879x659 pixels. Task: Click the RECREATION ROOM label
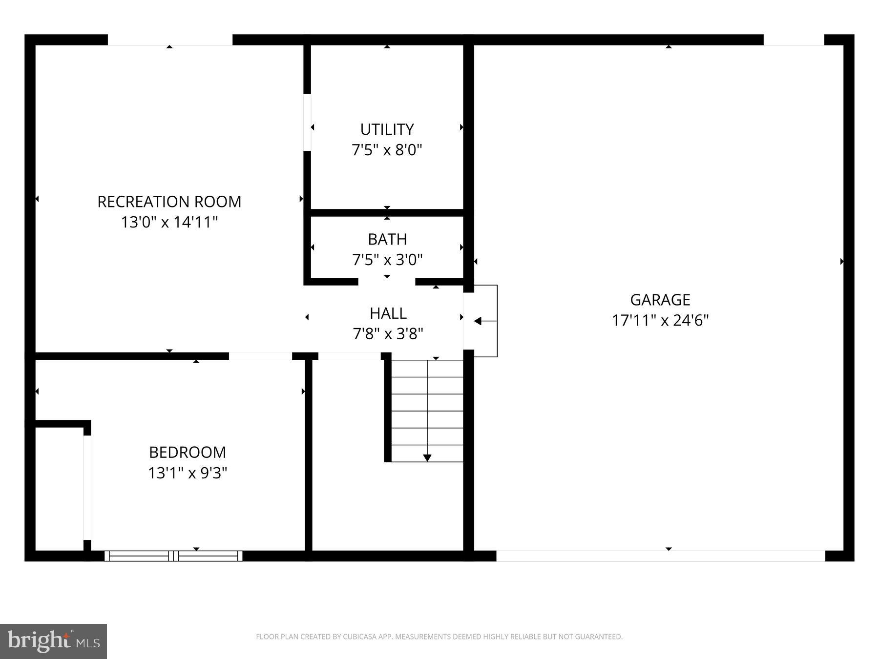169,202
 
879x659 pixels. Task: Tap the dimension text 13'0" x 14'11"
169,223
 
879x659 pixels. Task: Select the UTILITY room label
387,129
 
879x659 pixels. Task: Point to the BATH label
387,239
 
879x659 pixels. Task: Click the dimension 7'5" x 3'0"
387,260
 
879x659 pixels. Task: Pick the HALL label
388,313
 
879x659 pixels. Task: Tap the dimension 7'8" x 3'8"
388,334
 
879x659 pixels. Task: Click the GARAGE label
660,299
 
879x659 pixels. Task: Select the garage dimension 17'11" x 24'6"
660,321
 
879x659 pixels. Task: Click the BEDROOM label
188,452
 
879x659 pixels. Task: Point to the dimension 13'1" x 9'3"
188,473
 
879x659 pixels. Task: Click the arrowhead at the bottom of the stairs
427,458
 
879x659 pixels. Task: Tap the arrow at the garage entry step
478,321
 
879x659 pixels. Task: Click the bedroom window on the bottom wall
173,556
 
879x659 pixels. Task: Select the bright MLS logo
53,641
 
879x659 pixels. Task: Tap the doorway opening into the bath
387,282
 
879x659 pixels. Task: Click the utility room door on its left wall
307,123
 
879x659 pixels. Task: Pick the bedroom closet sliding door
87,487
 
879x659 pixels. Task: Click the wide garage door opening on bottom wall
660,556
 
